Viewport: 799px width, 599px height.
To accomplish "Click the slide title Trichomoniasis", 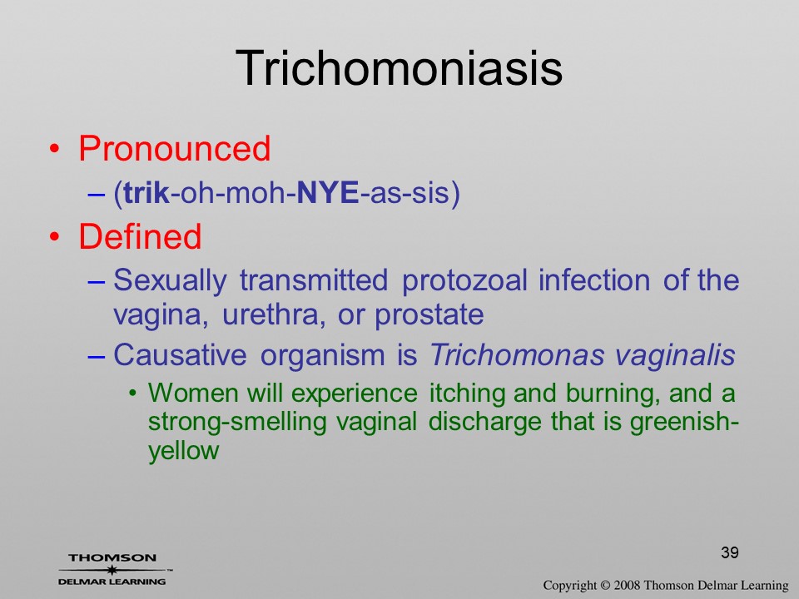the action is coord(399,68).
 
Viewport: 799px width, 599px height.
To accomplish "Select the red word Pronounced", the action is coord(174,148).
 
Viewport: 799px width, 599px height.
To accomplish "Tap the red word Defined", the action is coord(140,236).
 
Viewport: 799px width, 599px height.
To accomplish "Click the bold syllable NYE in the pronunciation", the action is coord(328,192).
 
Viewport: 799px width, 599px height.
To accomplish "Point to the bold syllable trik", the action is coord(146,192).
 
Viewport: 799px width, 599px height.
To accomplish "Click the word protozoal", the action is coord(464,280).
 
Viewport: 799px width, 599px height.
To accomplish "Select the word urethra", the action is coord(274,314).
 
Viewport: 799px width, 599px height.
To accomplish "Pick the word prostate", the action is coord(429,315).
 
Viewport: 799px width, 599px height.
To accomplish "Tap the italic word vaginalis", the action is coord(675,355).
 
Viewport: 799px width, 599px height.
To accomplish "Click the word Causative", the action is coord(180,354).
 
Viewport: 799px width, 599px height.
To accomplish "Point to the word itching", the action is coord(468,394).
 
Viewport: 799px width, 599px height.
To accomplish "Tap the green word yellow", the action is coord(183,451).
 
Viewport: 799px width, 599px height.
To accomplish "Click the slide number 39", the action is coord(730,552).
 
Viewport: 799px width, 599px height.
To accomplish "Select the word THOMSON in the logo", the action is coord(112,557).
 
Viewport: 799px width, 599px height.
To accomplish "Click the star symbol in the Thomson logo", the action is coord(112,570).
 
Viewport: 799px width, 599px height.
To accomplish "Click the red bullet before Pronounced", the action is coord(55,149).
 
